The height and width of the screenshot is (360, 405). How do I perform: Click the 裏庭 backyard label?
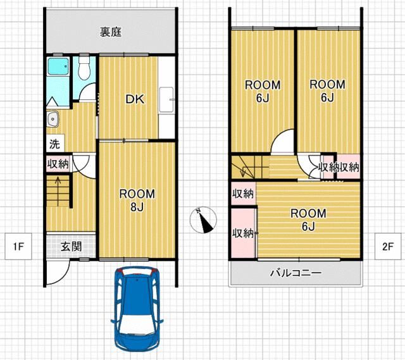point(111,32)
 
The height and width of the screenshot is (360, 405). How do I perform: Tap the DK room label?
point(135,99)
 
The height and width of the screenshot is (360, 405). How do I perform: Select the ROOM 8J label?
point(137,200)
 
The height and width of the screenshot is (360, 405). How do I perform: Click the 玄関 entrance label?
point(72,246)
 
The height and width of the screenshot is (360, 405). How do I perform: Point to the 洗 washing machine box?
point(55,144)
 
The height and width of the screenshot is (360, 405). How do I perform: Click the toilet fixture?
point(84,68)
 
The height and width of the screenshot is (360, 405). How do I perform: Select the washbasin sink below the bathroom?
point(53,119)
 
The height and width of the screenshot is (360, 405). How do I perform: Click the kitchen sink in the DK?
point(166,100)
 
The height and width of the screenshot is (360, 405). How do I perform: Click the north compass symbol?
point(203,220)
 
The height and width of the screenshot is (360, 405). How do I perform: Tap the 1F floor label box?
point(18,247)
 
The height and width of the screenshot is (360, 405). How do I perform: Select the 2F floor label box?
point(388,247)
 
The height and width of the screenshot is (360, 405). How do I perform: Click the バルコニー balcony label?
point(296,273)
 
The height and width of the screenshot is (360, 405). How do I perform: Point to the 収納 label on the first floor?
point(58,164)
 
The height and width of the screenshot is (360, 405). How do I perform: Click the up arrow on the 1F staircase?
point(58,191)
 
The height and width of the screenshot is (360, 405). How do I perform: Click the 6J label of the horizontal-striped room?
point(308,227)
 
